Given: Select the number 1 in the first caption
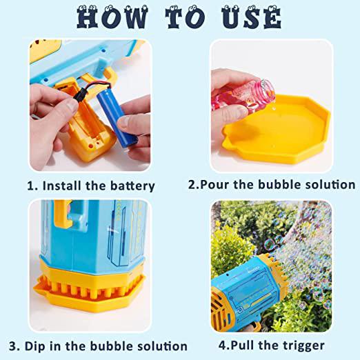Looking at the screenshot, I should click(x=30, y=186).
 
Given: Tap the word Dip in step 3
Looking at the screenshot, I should click(x=34, y=346).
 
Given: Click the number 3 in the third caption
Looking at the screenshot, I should click(x=12, y=346).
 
